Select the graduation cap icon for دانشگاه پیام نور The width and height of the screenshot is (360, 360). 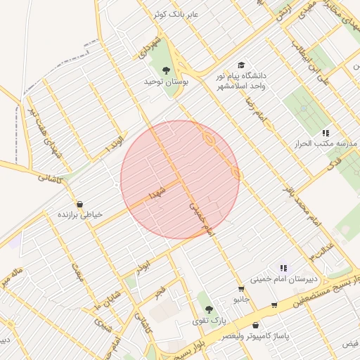click(x=241, y=65)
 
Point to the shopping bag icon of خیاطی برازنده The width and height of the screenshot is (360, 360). click(x=79, y=202)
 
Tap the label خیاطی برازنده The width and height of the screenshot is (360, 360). click(x=79, y=214)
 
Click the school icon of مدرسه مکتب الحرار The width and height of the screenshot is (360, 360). click(x=326, y=132)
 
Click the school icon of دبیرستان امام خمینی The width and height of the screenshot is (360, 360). click(x=283, y=267)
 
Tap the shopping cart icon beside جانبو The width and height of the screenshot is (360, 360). click(x=241, y=289)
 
